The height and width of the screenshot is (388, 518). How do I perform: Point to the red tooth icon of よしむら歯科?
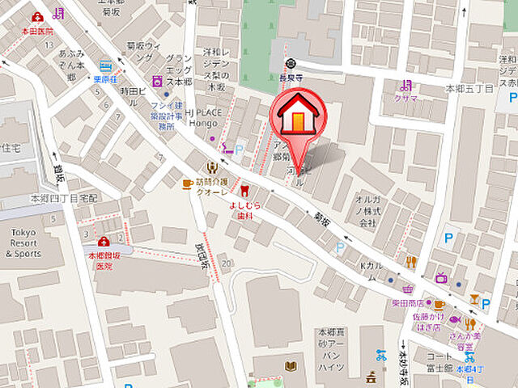(243, 192)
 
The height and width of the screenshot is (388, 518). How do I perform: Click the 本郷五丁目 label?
(470, 87)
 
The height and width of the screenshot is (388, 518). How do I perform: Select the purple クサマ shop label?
(406, 98)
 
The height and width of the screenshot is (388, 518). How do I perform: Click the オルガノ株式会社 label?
(369, 209)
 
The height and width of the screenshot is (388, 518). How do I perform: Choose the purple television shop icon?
(441, 278)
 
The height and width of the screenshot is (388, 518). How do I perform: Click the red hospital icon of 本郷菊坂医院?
(104, 242)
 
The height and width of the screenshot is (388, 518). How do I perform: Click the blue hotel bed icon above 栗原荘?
(105, 66)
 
